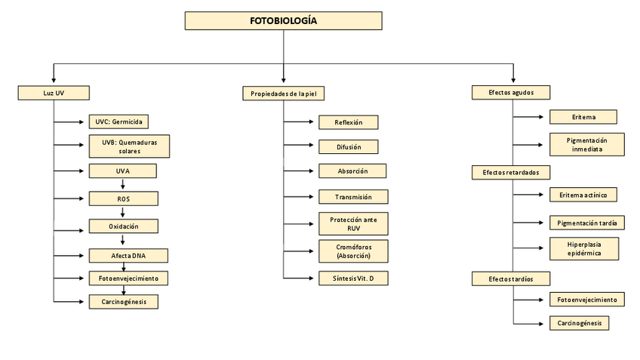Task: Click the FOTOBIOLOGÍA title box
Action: coord(283,21)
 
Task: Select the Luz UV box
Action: coord(54,93)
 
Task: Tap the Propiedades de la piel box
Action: coord(284,94)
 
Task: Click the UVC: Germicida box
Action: coord(118,121)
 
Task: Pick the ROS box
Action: coord(123,198)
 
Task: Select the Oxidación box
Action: coord(123,226)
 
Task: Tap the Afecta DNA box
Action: coord(128,255)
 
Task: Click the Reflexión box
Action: coord(347,122)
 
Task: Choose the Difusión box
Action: coord(347,146)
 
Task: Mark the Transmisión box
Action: coord(353,197)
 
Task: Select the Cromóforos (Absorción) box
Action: coord(353,251)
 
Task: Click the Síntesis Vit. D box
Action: coord(353,278)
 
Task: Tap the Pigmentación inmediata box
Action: coord(587,144)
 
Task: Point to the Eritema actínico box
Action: coord(583,195)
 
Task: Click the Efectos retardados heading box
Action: coord(510,172)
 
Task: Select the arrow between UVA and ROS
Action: coord(122,185)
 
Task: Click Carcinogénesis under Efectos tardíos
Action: coord(579,323)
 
